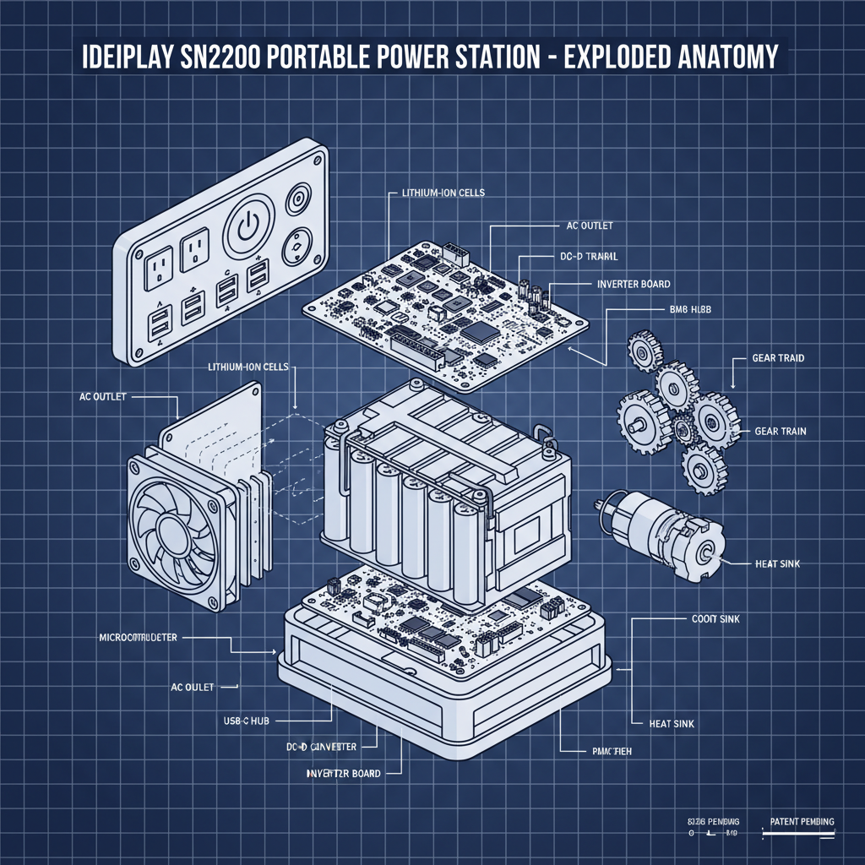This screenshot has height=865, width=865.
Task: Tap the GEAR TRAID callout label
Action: (778, 358)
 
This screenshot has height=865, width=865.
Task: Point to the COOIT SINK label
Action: (710, 619)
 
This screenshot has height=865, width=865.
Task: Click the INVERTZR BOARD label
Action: (343, 773)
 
